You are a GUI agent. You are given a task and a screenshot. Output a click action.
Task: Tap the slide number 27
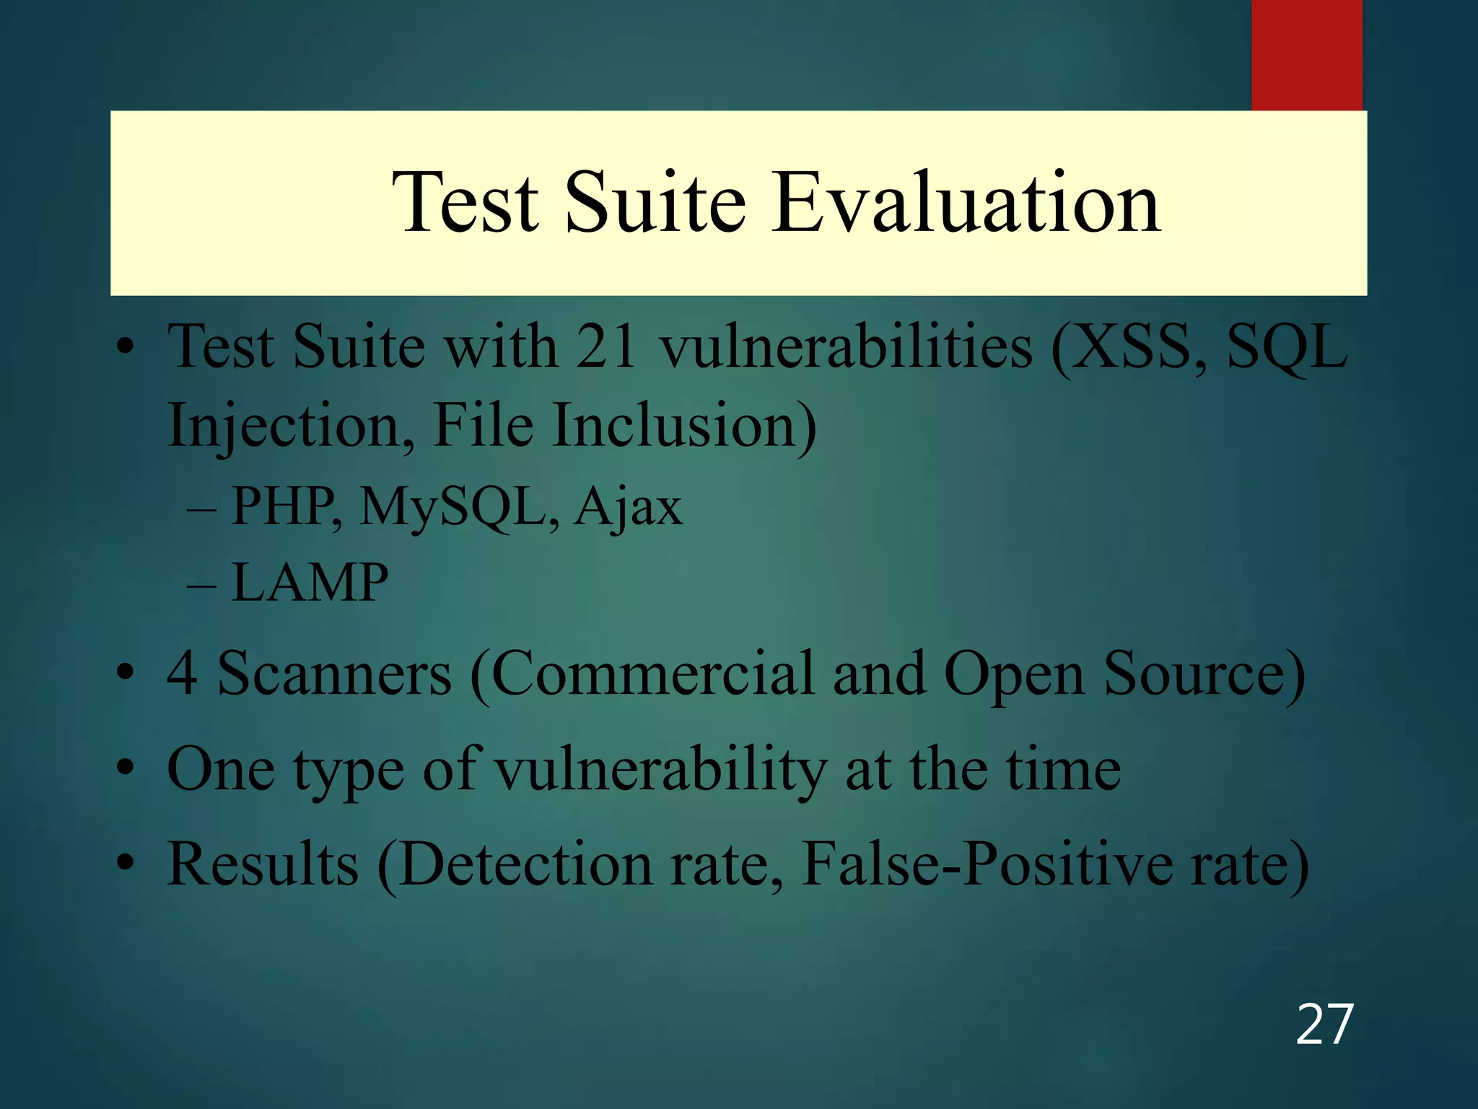(x=1324, y=1025)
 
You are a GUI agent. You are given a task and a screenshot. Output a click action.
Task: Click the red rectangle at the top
(x=1306, y=55)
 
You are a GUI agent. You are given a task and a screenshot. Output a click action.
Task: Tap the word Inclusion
(x=684, y=426)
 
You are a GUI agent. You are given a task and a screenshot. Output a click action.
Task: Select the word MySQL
(x=459, y=506)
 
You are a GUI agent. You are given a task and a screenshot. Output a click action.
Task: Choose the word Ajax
(x=628, y=508)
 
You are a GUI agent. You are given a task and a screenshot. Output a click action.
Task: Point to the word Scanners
(x=335, y=674)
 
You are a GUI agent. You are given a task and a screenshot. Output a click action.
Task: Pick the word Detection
(x=525, y=864)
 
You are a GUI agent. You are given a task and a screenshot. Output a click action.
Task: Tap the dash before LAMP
(x=201, y=583)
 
